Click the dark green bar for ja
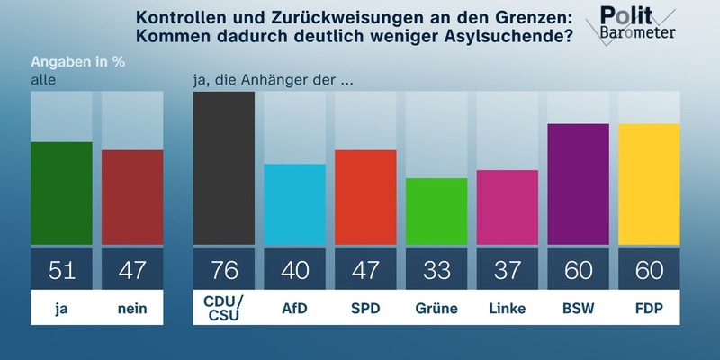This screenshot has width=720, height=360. click(x=62, y=193)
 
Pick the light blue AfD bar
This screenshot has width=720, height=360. click(x=294, y=204)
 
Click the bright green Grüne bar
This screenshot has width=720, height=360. click(x=436, y=211)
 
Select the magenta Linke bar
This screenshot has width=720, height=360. click(x=507, y=207)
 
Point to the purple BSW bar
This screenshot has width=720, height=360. click(x=578, y=184)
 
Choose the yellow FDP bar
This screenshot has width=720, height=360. click(x=648, y=184)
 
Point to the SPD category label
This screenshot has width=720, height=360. click(x=365, y=309)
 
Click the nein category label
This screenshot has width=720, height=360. click(x=132, y=309)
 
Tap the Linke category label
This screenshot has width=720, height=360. click(x=507, y=309)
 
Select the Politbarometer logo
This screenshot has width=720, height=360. click(x=638, y=25)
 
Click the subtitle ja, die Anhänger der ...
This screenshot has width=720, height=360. click(x=272, y=80)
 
